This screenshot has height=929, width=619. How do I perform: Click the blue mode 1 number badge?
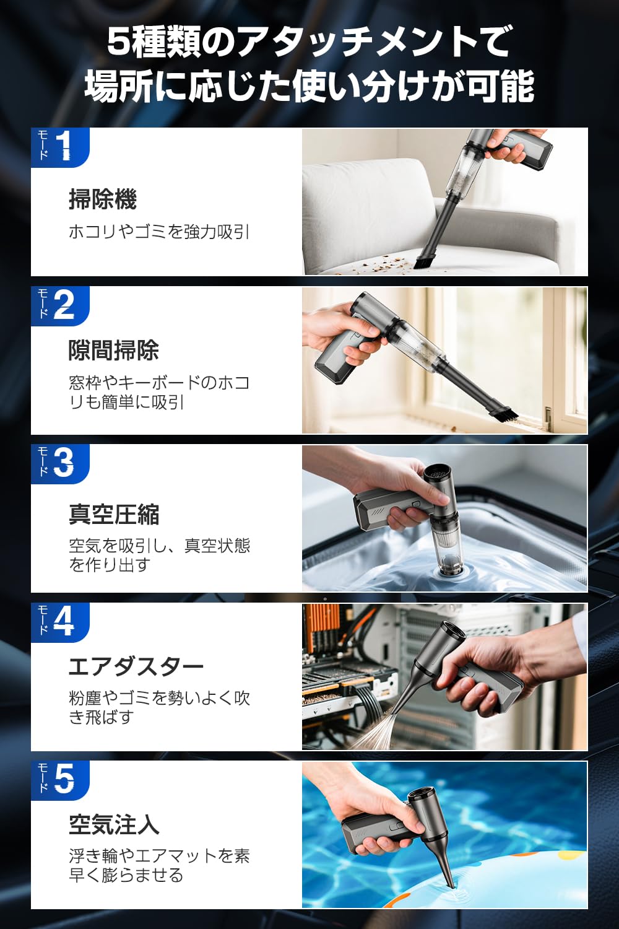tap(60, 147)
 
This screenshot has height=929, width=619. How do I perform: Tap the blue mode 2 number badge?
tap(60, 305)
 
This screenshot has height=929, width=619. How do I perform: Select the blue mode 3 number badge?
tap(60, 463)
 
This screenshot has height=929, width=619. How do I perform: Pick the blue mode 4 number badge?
tap(60, 622)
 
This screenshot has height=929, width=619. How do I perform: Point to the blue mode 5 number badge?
tap(60, 780)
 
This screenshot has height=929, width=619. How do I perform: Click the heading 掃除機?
tap(103, 199)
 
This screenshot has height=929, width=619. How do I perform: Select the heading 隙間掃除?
tap(114, 351)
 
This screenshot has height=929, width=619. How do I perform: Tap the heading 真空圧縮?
tap(114, 514)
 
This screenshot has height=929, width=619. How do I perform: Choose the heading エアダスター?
tap(136, 666)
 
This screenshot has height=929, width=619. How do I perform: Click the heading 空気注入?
tap(114, 824)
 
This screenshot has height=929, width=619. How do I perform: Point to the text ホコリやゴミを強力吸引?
tap(159, 232)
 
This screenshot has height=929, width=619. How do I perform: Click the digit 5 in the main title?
tap(118, 42)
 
